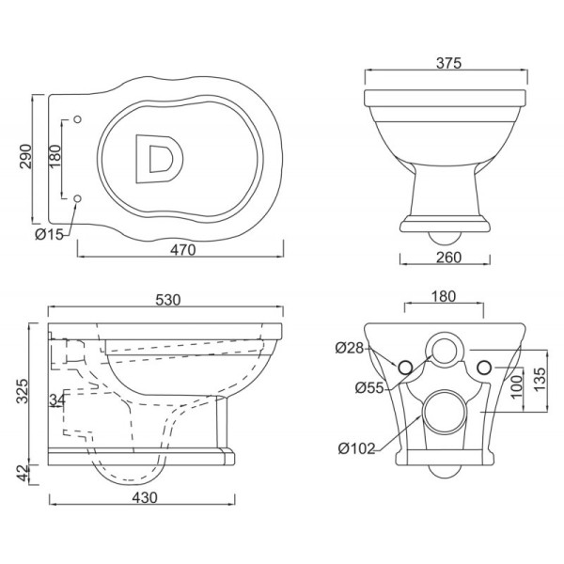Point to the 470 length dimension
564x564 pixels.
[x=182, y=249]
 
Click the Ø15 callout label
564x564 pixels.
[x=47, y=235]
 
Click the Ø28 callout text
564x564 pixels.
[x=349, y=349]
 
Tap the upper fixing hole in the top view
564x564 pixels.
[x=77, y=118]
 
